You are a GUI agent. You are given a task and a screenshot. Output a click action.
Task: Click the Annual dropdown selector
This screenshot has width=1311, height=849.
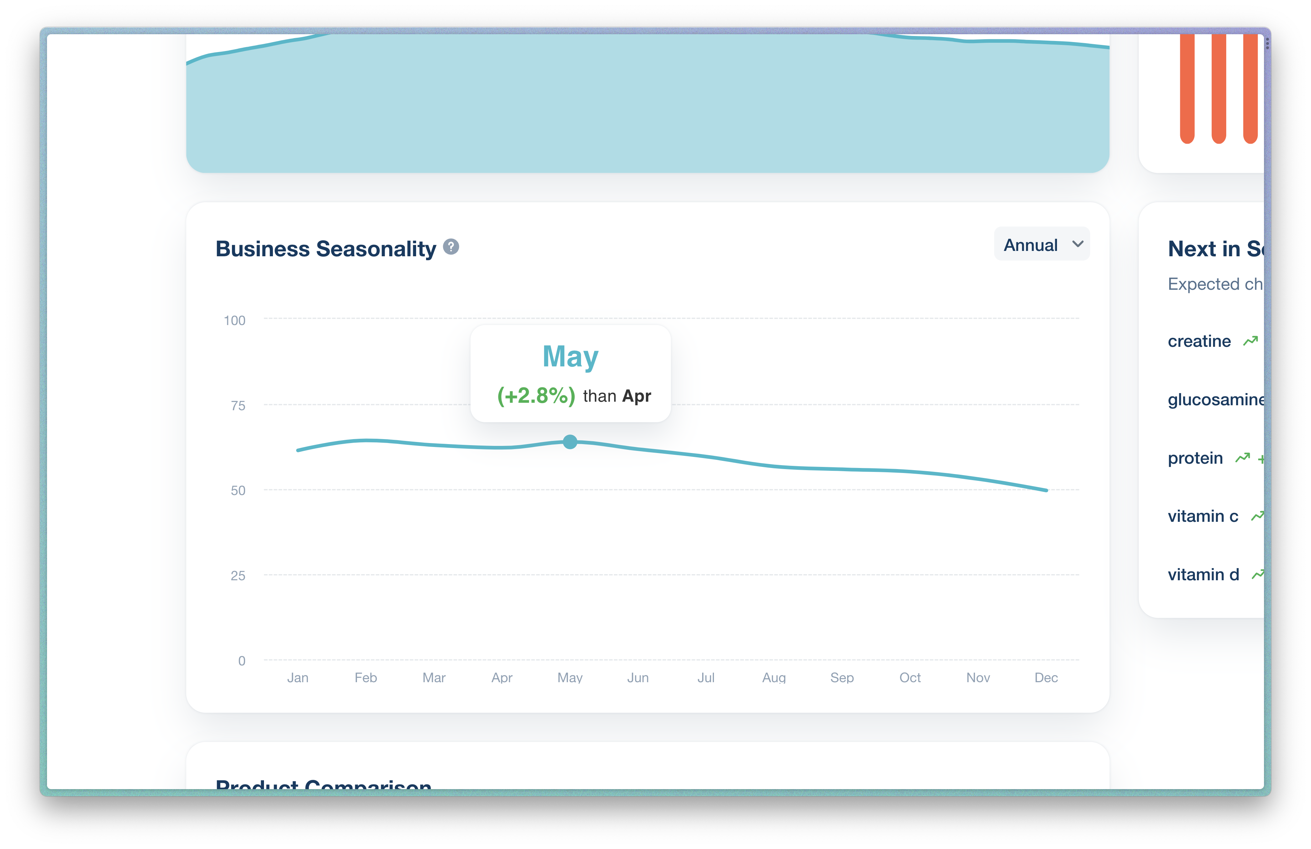(x=1041, y=244)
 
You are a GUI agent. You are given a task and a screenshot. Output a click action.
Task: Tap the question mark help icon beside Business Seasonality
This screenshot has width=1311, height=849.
(x=451, y=247)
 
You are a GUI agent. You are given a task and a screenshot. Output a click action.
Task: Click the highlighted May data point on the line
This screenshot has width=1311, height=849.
(x=570, y=442)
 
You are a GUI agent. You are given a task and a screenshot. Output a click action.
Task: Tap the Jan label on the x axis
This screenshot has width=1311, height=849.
(x=297, y=677)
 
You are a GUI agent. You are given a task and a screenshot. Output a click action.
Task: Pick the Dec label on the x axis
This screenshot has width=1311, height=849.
(x=1046, y=677)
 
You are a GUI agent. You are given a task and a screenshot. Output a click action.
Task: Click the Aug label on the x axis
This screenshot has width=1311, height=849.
(x=773, y=677)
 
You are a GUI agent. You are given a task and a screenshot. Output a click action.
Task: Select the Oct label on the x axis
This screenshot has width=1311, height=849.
(x=910, y=677)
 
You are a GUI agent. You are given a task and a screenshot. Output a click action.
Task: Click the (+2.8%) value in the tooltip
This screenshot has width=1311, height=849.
(x=535, y=396)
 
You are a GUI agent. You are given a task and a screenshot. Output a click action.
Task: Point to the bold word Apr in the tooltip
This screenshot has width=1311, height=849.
(x=636, y=396)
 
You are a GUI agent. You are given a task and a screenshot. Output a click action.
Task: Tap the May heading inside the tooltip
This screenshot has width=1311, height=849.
(x=570, y=356)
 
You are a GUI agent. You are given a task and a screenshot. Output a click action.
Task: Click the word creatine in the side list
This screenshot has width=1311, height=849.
(x=1199, y=341)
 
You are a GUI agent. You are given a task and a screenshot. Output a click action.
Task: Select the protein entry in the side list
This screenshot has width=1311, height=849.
(x=1195, y=458)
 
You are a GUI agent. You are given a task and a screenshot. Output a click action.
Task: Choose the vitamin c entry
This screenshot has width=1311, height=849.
(x=1202, y=516)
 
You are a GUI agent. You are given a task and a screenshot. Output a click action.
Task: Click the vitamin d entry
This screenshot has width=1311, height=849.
(x=1203, y=575)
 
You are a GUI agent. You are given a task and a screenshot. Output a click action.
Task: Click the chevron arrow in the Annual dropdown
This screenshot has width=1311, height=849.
(x=1077, y=244)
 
